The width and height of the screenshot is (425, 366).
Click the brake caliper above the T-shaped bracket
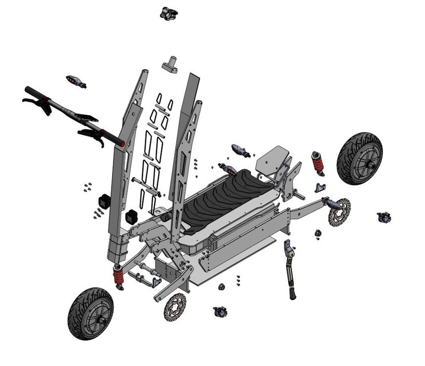click(x=168, y=14)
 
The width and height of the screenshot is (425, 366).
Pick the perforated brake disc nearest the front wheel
click(x=175, y=307)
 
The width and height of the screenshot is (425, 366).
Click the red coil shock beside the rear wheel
click(x=318, y=163)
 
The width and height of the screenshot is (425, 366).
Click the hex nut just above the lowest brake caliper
click(x=222, y=287)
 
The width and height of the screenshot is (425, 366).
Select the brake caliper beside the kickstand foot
click(x=220, y=312)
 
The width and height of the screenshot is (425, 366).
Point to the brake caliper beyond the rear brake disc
click(x=383, y=217)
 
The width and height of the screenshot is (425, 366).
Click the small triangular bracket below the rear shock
click(x=320, y=187)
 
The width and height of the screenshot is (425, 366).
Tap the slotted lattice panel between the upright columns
click(x=154, y=148)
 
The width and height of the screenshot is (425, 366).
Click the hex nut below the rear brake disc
click(x=318, y=233)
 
